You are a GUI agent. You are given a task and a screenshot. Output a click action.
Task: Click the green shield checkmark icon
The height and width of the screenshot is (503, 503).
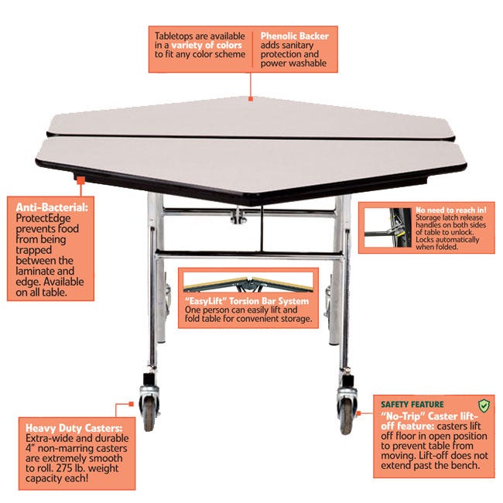click(484, 405)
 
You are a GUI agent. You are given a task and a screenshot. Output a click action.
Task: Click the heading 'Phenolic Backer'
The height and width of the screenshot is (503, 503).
click(294, 36)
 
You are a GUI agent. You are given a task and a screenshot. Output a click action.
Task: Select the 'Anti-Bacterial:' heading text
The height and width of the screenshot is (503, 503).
click(52, 207)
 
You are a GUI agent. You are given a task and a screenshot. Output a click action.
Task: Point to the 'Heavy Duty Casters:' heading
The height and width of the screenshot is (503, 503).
click(74, 428)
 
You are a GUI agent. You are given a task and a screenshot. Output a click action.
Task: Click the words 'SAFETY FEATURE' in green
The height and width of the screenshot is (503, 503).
click(412, 404)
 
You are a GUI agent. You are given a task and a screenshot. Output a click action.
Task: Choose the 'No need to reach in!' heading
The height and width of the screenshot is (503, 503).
click(450, 210)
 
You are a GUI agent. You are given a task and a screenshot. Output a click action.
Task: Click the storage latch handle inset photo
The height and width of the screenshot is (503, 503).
click(388, 228)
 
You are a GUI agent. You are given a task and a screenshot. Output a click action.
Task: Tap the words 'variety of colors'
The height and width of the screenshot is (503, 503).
click(207, 45)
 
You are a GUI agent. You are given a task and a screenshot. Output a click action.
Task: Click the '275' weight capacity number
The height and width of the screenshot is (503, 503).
click(64, 468)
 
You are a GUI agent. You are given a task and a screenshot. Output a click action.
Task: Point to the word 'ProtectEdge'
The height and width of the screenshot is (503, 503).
click(43, 218)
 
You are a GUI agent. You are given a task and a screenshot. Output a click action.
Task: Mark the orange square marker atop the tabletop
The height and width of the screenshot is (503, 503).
click(251, 99)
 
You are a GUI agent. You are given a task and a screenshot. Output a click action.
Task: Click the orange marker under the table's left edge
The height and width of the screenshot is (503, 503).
click(80, 180)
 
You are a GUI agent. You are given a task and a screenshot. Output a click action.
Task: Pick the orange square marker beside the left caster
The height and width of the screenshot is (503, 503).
click(131, 404)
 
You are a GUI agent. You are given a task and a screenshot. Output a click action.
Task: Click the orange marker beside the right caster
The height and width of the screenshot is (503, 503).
click(358, 413)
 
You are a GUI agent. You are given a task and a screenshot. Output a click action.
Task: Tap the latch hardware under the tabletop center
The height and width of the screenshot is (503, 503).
click(238, 216)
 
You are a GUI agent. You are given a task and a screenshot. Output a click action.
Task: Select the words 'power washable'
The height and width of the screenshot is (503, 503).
click(293, 63)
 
